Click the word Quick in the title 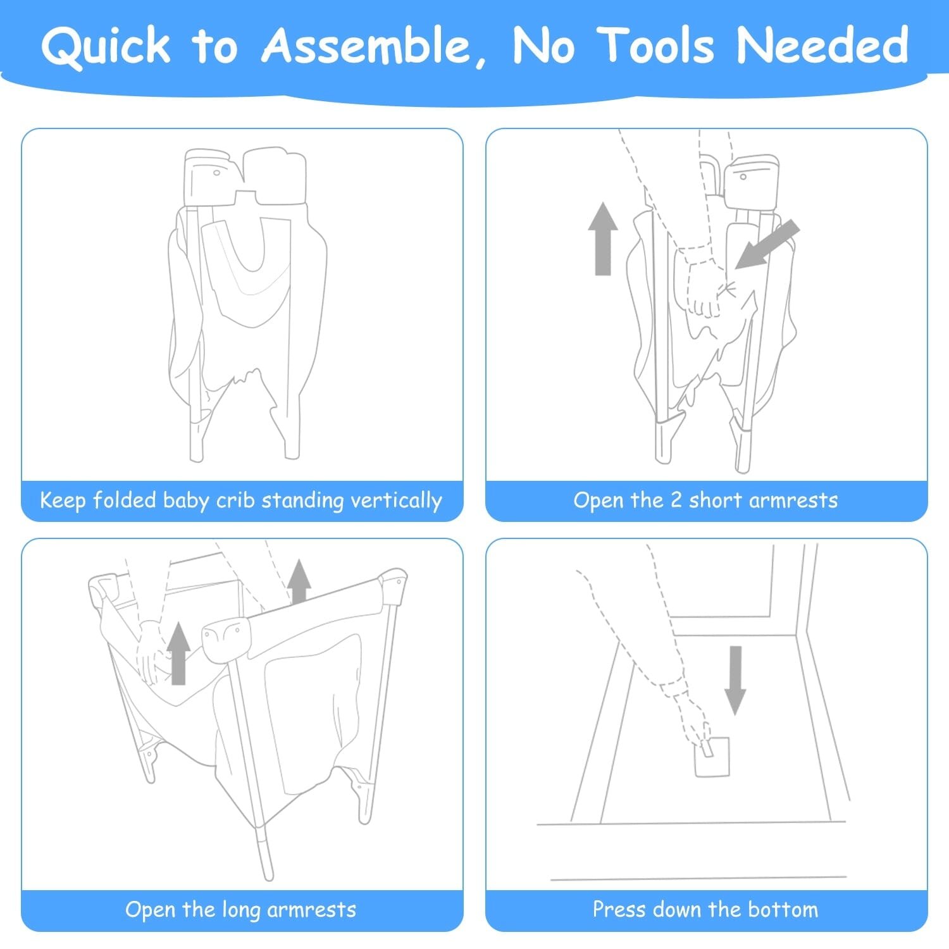pyautogui.click(x=106, y=46)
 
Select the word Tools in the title pyautogui.click(x=657, y=46)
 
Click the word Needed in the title pyautogui.click(x=822, y=46)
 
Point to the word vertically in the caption pyautogui.click(x=396, y=501)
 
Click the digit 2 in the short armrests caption pyautogui.click(x=676, y=500)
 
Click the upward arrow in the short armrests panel pyautogui.click(x=603, y=239)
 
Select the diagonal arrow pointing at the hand pyautogui.click(x=767, y=245)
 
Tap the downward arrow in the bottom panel pyautogui.click(x=735, y=681)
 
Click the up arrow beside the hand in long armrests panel pyautogui.click(x=179, y=653)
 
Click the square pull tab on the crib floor pyautogui.click(x=712, y=757)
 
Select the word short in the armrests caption pyautogui.click(x=714, y=500)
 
